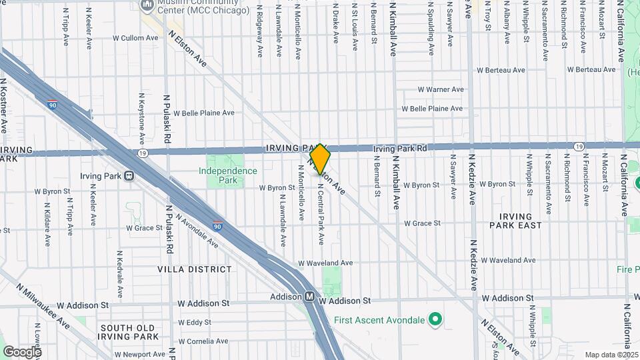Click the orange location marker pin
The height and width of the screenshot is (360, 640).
321,159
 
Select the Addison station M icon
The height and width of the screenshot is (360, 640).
310,297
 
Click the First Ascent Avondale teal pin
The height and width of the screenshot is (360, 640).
435,320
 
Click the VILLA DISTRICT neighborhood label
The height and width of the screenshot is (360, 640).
195,269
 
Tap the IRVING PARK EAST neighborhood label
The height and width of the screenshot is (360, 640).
515,221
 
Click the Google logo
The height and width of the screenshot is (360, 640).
22,351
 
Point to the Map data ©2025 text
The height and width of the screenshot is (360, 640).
611,355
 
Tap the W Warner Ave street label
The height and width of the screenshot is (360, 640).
440,89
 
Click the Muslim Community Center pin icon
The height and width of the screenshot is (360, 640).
147,5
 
